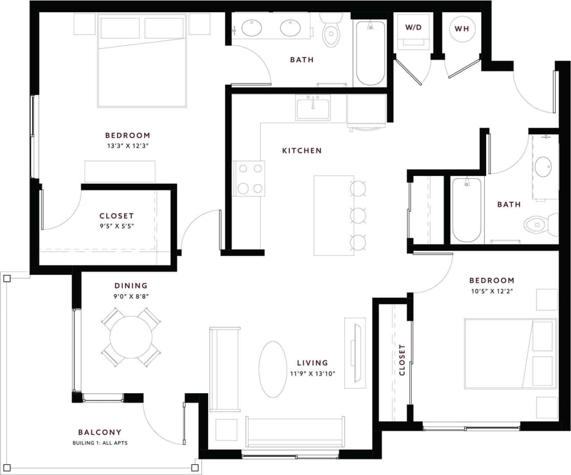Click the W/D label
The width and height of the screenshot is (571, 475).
[x=413, y=28]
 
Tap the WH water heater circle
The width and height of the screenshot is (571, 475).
[x=462, y=29]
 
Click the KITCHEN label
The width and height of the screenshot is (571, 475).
[x=302, y=150]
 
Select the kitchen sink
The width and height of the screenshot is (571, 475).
[x=313, y=107]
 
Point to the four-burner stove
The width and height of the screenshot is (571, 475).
[x=249, y=178]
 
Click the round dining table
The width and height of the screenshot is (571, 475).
[x=131, y=337]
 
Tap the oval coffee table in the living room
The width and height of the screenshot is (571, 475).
[x=273, y=369]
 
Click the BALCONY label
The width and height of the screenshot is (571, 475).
[x=100, y=433]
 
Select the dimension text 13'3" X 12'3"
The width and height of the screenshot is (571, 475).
[x=128, y=146]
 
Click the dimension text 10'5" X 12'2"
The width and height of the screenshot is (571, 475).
[x=492, y=291]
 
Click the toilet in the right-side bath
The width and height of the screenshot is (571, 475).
[x=538, y=224]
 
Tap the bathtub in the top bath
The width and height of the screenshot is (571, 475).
[x=370, y=54]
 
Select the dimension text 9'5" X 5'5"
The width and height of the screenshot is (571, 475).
[x=117, y=226]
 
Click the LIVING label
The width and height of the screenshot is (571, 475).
[x=312, y=363]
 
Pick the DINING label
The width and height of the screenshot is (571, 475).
[x=131, y=286]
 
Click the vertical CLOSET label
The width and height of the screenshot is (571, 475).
[x=402, y=360]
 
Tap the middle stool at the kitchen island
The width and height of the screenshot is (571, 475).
[x=358, y=215]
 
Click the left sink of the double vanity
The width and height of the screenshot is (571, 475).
[x=252, y=28]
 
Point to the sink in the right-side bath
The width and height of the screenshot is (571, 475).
[x=543, y=167]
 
